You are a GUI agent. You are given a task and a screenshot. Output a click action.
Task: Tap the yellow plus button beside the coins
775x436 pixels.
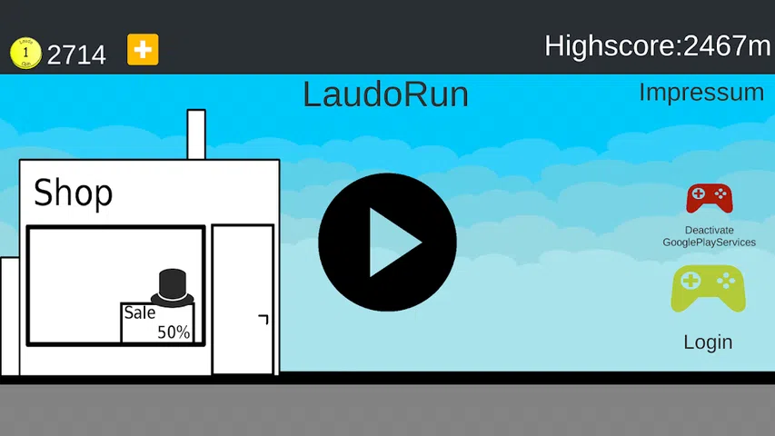pyautogui.click(x=143, y=50)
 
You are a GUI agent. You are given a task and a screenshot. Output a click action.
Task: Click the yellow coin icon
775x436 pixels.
pyautogui.click(x=25, y=52)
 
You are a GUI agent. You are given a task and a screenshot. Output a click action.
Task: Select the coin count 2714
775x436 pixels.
pyautogui.click(x=76, y=54)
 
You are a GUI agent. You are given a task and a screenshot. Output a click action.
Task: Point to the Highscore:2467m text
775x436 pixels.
pyautogui.click(x=657, y=45)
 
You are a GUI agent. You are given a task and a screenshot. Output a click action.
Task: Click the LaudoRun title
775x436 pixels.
pyautogui.click(x=385, y=94)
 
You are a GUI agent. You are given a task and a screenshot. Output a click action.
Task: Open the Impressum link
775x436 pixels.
pyautogui.click(x=701, y=92)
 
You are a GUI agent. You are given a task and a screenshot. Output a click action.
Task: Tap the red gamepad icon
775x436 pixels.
pyautogui.click(x=709, y=197)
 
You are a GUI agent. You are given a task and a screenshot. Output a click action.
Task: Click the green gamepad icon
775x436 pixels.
pyautogui.click(x=708, y=289)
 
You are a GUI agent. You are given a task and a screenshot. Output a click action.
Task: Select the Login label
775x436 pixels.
pyautogui.click(x=708, y=342)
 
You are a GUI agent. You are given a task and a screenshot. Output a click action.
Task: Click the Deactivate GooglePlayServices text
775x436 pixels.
pyautogui.click(x=709, y=236)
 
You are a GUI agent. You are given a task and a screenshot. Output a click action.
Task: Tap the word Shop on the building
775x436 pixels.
pyautogui.click(x=73, y=193)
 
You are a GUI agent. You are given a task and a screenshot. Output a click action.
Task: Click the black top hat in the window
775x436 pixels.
pyautogui.click(x=173, y=286)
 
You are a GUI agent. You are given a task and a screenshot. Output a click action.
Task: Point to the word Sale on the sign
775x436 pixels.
pyautogui.click(x=140, y=313)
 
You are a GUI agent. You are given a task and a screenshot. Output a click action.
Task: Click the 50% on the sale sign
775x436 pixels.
pyautogui.click(x=174, y=332)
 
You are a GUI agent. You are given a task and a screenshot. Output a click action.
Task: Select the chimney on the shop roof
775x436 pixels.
pyautogui.click(x=196, y=134)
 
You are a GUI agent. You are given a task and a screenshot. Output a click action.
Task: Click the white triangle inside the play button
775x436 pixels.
pyautogui.click(x=392, y=243)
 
